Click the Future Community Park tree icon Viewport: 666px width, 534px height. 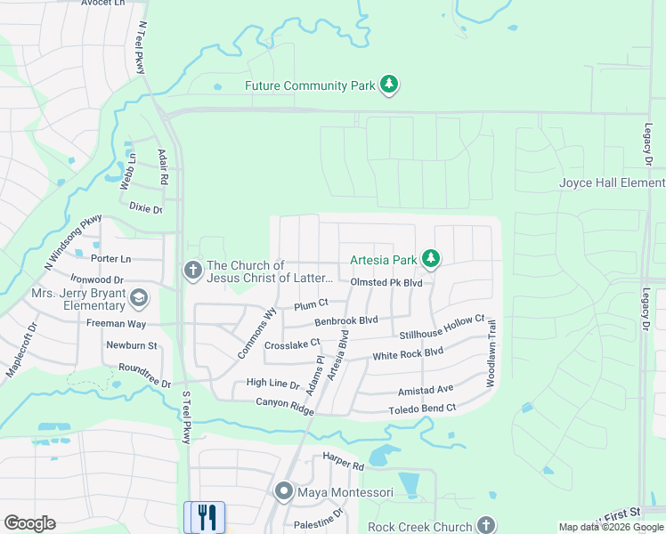(x=389, y=85)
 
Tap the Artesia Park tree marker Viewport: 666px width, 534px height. (x=431, y=259)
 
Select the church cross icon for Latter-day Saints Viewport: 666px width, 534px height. (x=192, y=270)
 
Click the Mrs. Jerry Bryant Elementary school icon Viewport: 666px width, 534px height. (x=138, y=296)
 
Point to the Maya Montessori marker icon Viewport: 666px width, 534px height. (x=284, y=490)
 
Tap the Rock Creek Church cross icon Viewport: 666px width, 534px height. (x=485, y=525)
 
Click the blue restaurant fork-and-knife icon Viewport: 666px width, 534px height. (x=208, y=517)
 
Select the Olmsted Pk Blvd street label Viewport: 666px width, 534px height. (x=386, y=282)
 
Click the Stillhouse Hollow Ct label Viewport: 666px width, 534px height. (x=442, y=327)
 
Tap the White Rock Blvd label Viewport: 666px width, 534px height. (x=408, y=353)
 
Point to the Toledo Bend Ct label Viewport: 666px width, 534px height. (x=422, y=409)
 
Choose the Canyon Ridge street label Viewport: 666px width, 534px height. (x=285, y=402)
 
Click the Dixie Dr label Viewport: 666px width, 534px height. (x=146, y=208)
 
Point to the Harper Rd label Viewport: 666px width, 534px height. (x=345, y=465)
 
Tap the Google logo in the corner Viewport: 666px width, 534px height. (x=29, y=523)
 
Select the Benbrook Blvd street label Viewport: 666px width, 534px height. (x=346, y=320)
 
